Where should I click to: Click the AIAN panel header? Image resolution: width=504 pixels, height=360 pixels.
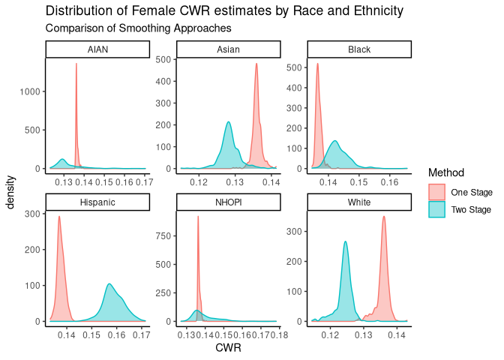pos(97,49)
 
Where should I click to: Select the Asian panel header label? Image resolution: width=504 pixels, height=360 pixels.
pos(228,49)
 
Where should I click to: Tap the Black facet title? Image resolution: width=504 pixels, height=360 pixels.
pos(359,49)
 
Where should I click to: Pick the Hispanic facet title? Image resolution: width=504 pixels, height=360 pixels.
pos(97,202)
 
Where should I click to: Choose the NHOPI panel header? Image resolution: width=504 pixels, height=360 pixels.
pos(228,202)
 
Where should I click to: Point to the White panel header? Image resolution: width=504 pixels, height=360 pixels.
pos(359,202)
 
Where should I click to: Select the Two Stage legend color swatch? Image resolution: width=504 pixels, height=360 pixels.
pos(436,211)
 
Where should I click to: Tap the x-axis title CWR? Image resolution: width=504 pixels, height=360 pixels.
pos(228,348)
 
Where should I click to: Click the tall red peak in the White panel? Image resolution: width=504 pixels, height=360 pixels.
pos(384,218)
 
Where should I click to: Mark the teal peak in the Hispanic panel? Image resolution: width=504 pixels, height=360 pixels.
pos(109,285)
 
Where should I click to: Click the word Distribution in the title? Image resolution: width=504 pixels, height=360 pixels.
pos(82,11)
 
